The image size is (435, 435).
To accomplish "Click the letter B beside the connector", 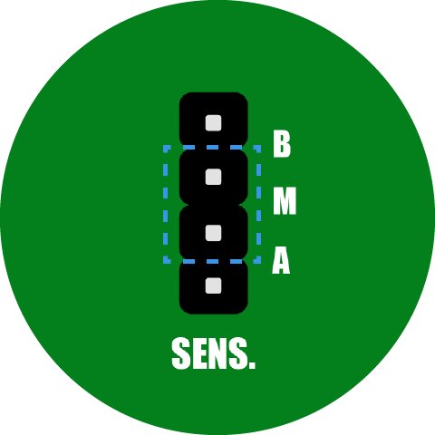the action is coord(282,144).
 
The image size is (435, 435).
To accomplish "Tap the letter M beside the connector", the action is coord(285,201).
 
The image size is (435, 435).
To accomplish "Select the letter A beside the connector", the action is coord(281,260).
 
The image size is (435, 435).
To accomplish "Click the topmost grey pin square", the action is coord(213,123).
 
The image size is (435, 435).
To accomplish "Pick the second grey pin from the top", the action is coord(213,177).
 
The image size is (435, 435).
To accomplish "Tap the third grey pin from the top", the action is coord(213,233).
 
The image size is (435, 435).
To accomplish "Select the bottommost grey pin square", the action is coord(213,285).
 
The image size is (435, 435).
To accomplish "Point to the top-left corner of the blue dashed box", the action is coord(165,147).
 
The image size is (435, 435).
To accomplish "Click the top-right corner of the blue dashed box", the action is coord(259,147).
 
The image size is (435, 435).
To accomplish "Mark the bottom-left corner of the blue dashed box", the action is coord(165,261).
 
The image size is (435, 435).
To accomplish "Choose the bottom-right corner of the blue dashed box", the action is coord(259,261).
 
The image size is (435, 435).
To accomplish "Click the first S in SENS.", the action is coord(181,353).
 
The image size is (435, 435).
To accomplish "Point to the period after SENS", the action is coord(252,365).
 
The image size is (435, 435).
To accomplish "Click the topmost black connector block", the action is coord(214,120).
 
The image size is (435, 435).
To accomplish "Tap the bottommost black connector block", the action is coord(214,288).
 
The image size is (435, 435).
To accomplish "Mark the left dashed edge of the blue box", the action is coord(165,204).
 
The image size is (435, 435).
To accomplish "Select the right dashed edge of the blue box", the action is coord(259,204).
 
